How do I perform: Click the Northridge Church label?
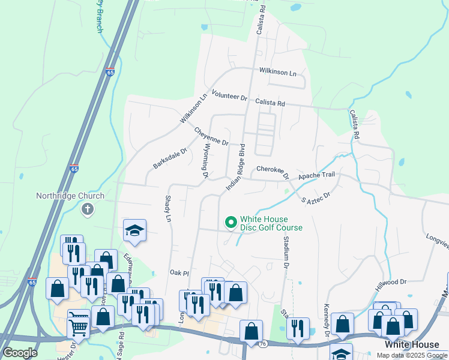[70, 196]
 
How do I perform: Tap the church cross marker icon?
[88, 209]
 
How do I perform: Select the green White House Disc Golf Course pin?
[230, 223]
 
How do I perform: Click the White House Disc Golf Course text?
[271, 223]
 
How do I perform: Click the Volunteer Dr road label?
[229, 96]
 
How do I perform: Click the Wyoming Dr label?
[204, 161]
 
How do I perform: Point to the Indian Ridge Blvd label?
[236, 167]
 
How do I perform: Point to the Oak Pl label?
[179, 273]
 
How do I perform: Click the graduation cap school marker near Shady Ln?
[135, 230]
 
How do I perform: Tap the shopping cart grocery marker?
[79, 325]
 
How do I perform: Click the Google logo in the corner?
[20, 353]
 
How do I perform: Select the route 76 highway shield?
[262, 344]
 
